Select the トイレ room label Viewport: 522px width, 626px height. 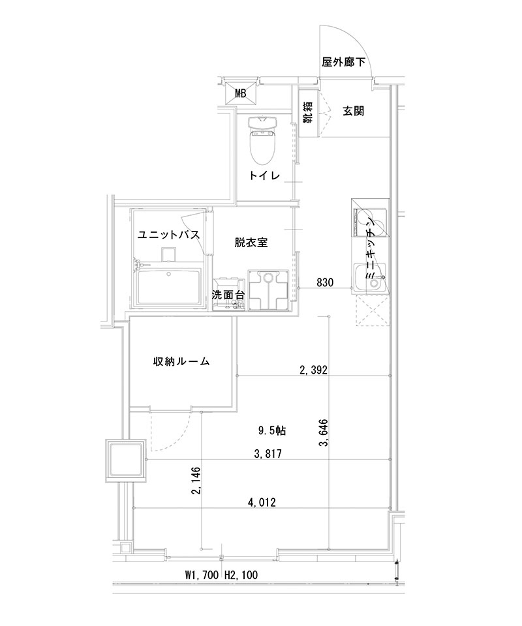(x=264, y=176)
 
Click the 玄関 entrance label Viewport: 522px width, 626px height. (x=353, y=111)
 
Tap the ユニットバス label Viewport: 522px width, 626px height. (x=168, y=235)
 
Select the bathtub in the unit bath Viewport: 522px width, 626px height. (x=169, y=286)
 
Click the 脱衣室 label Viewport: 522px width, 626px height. (x=253, y=242)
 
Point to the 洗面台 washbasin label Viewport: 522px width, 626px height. (x=228, y=295)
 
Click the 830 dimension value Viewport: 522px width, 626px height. (x=326, y=282)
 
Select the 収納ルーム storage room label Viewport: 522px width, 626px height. (x=182, y=362)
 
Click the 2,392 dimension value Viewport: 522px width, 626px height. (x=313, y=371)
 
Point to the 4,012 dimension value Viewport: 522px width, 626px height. (x=263, y=502)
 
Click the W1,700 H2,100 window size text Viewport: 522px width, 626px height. (x=223, y=576)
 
